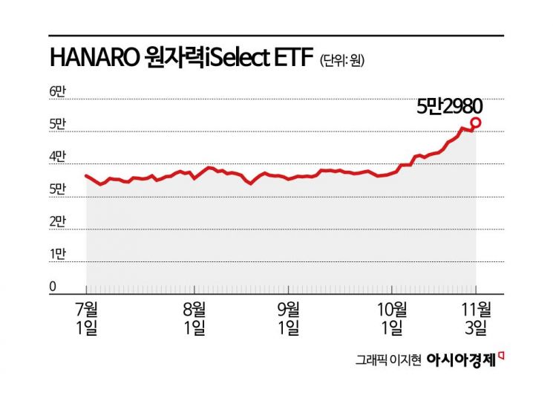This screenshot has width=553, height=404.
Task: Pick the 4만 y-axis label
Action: [x=58, y=157]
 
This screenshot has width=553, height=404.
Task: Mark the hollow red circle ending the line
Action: [x=476, y=123]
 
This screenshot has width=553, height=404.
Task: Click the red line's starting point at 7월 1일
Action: [x=87, y=176]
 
